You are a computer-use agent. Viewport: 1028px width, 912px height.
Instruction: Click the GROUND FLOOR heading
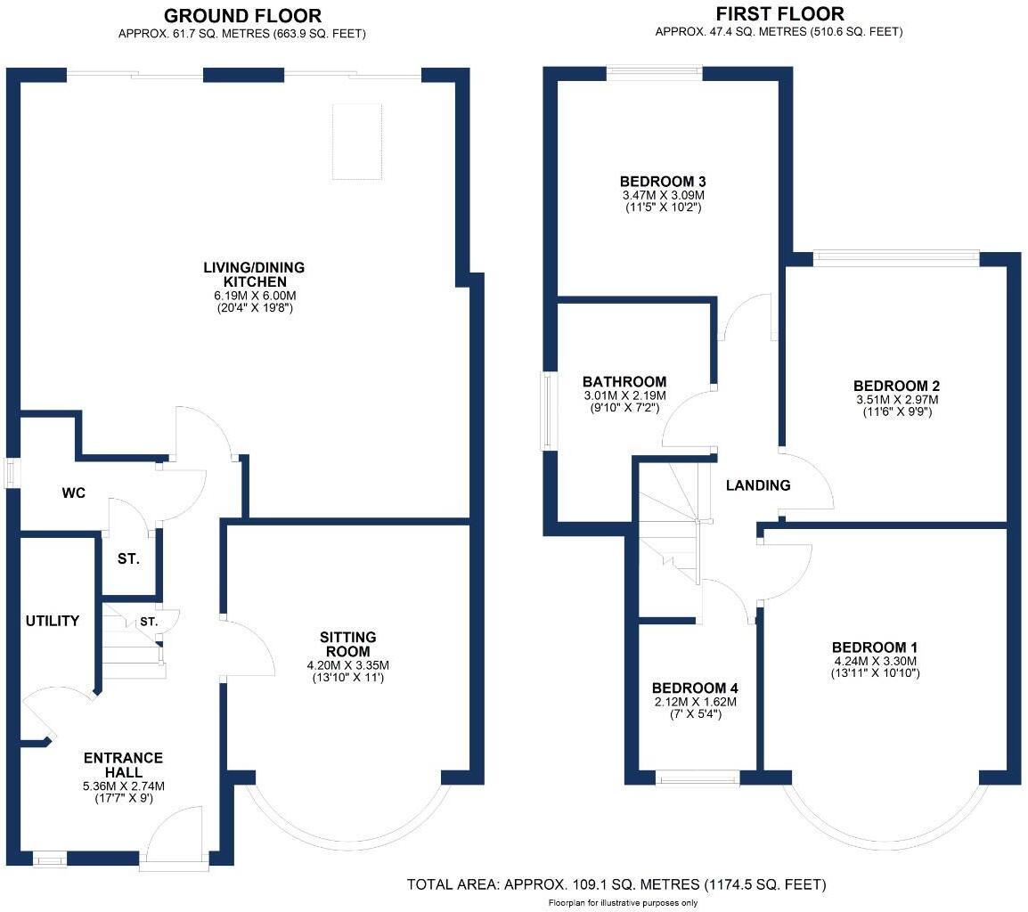[x=242, y=16]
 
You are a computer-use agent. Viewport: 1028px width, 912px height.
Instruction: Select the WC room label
[x=74, y=493]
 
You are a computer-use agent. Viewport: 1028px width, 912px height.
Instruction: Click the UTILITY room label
[x=53, y=621]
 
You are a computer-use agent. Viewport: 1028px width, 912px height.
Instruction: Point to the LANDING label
[x=757, y=485]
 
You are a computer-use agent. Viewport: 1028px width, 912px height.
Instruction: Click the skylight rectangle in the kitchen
[x=357, y=142]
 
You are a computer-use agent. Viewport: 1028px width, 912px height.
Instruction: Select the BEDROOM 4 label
[x=695, y=688]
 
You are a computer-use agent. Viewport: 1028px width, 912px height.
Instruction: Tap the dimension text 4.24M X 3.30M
[x=875, y=661]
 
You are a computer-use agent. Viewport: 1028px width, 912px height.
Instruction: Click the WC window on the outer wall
[x=11, y=472]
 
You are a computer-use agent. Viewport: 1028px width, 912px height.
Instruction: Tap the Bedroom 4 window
[x=697, y=780]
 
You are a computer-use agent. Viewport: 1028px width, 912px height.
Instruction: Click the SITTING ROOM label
[x=348, y=644]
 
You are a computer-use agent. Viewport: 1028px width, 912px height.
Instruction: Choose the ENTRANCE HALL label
[x=123, y=765]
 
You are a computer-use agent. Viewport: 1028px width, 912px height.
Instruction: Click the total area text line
[x=616, y=884]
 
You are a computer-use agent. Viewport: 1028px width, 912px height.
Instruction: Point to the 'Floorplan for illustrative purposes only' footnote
[x=622, y=903]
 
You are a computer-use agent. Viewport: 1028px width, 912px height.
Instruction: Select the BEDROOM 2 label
[x=896, y=386]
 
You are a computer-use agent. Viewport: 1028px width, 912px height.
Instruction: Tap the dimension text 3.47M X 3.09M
[x=665, y=195]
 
